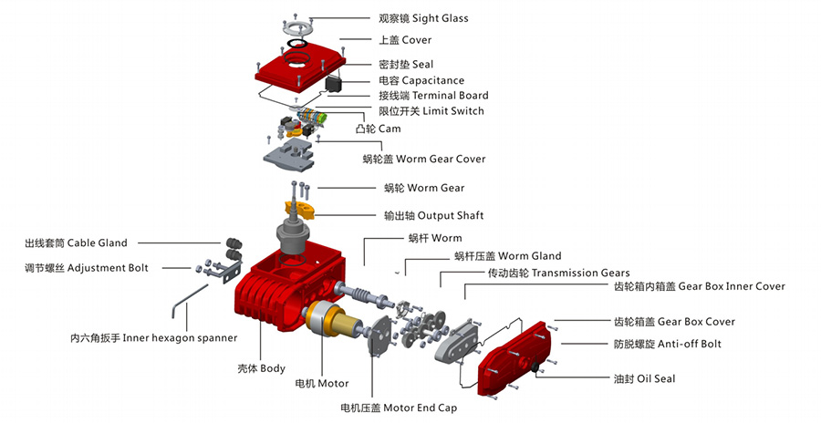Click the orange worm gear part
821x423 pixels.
[x=299, y=211]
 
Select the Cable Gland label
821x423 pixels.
[x=76, y=243]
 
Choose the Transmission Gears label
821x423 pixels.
[x=558, y=273]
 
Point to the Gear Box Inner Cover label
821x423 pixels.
[x=698, y=286]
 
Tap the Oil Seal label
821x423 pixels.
[x=643, y=377]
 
